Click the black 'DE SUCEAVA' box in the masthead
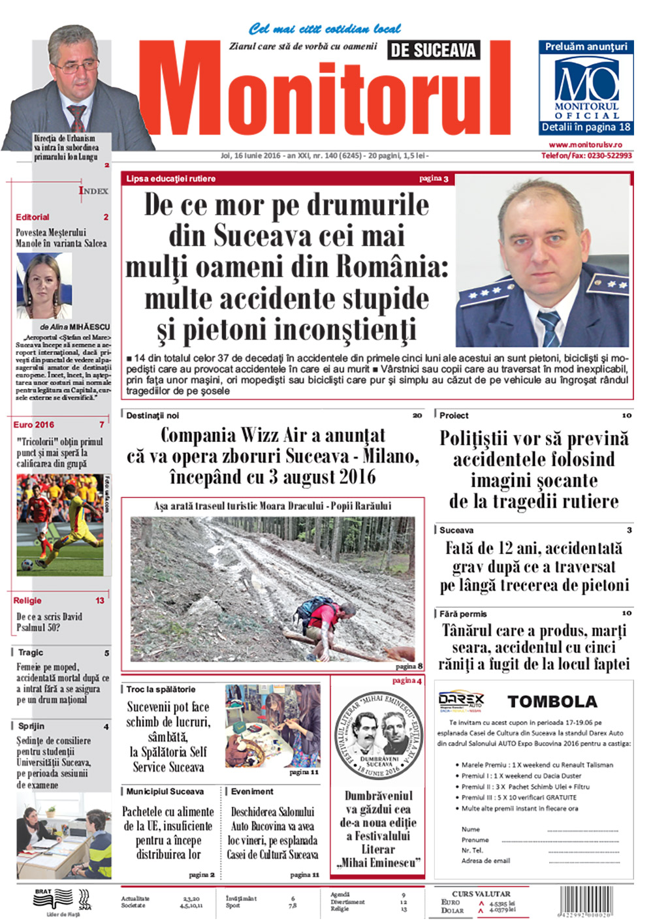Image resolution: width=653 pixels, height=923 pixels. (434, 50)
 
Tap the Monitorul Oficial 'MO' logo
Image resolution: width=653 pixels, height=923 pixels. (586, 80)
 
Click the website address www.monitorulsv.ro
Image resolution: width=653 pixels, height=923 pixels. (585, 145)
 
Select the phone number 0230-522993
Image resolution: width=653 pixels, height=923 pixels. (609, 156)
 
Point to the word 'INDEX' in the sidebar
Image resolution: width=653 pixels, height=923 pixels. (93, 191)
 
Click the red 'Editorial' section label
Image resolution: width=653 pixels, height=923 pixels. (33, 217)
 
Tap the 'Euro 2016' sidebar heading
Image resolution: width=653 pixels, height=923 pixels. (34, 425)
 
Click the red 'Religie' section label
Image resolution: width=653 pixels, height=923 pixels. (27, 601)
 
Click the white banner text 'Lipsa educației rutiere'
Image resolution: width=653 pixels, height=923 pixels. (171, 179)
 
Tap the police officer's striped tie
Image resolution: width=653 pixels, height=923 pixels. (549, 327)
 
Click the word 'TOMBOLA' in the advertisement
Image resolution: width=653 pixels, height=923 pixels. (552, 702)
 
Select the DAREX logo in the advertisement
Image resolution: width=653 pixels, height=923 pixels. (461, 700)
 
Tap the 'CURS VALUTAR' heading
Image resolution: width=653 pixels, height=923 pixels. (481, 894)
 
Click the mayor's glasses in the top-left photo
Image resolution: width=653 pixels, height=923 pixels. (74, 67)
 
